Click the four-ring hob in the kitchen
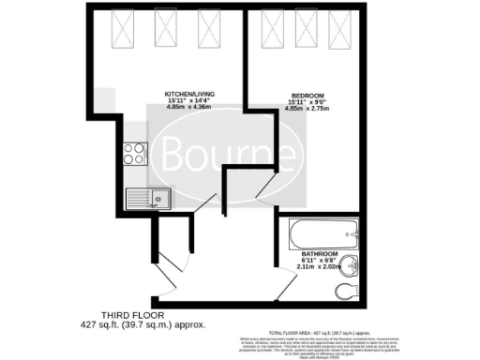[x=135, y=151]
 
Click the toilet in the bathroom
[x=351, y=287]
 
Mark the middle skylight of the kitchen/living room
[x=166, y=30]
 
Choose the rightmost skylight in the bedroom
[x=340, y=30]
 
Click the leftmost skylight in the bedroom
[x=275, y=30]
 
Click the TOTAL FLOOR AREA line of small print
[x=320, y=333]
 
